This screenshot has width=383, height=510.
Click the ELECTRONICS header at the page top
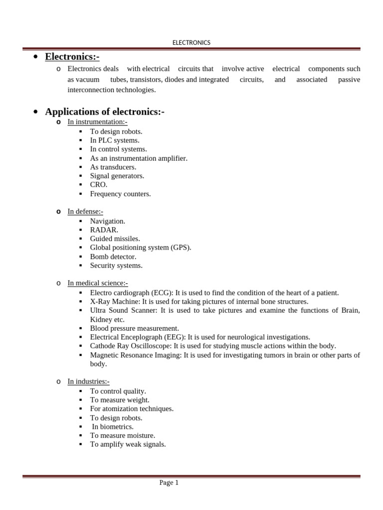point(191,43)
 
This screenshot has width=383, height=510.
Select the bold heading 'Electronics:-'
point(75,57)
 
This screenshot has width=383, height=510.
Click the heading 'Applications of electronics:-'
point(105,112)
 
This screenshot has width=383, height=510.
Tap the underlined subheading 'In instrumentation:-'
point(98,122)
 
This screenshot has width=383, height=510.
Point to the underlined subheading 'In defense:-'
point(85,212)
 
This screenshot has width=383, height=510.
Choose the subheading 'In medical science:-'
point(98,283)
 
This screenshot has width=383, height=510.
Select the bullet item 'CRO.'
point(99,185)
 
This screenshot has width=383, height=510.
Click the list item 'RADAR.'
point(104,230)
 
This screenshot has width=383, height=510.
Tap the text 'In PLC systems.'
point(115,140)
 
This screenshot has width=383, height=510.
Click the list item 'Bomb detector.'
point(113,256)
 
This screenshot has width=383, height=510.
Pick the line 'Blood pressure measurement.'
point(134,329)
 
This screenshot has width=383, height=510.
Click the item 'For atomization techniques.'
point(132,409)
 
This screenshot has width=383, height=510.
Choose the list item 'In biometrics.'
point(113,427)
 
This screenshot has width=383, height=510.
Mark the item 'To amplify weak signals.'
point(128,445)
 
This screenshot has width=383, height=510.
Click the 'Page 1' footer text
point(169,483)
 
